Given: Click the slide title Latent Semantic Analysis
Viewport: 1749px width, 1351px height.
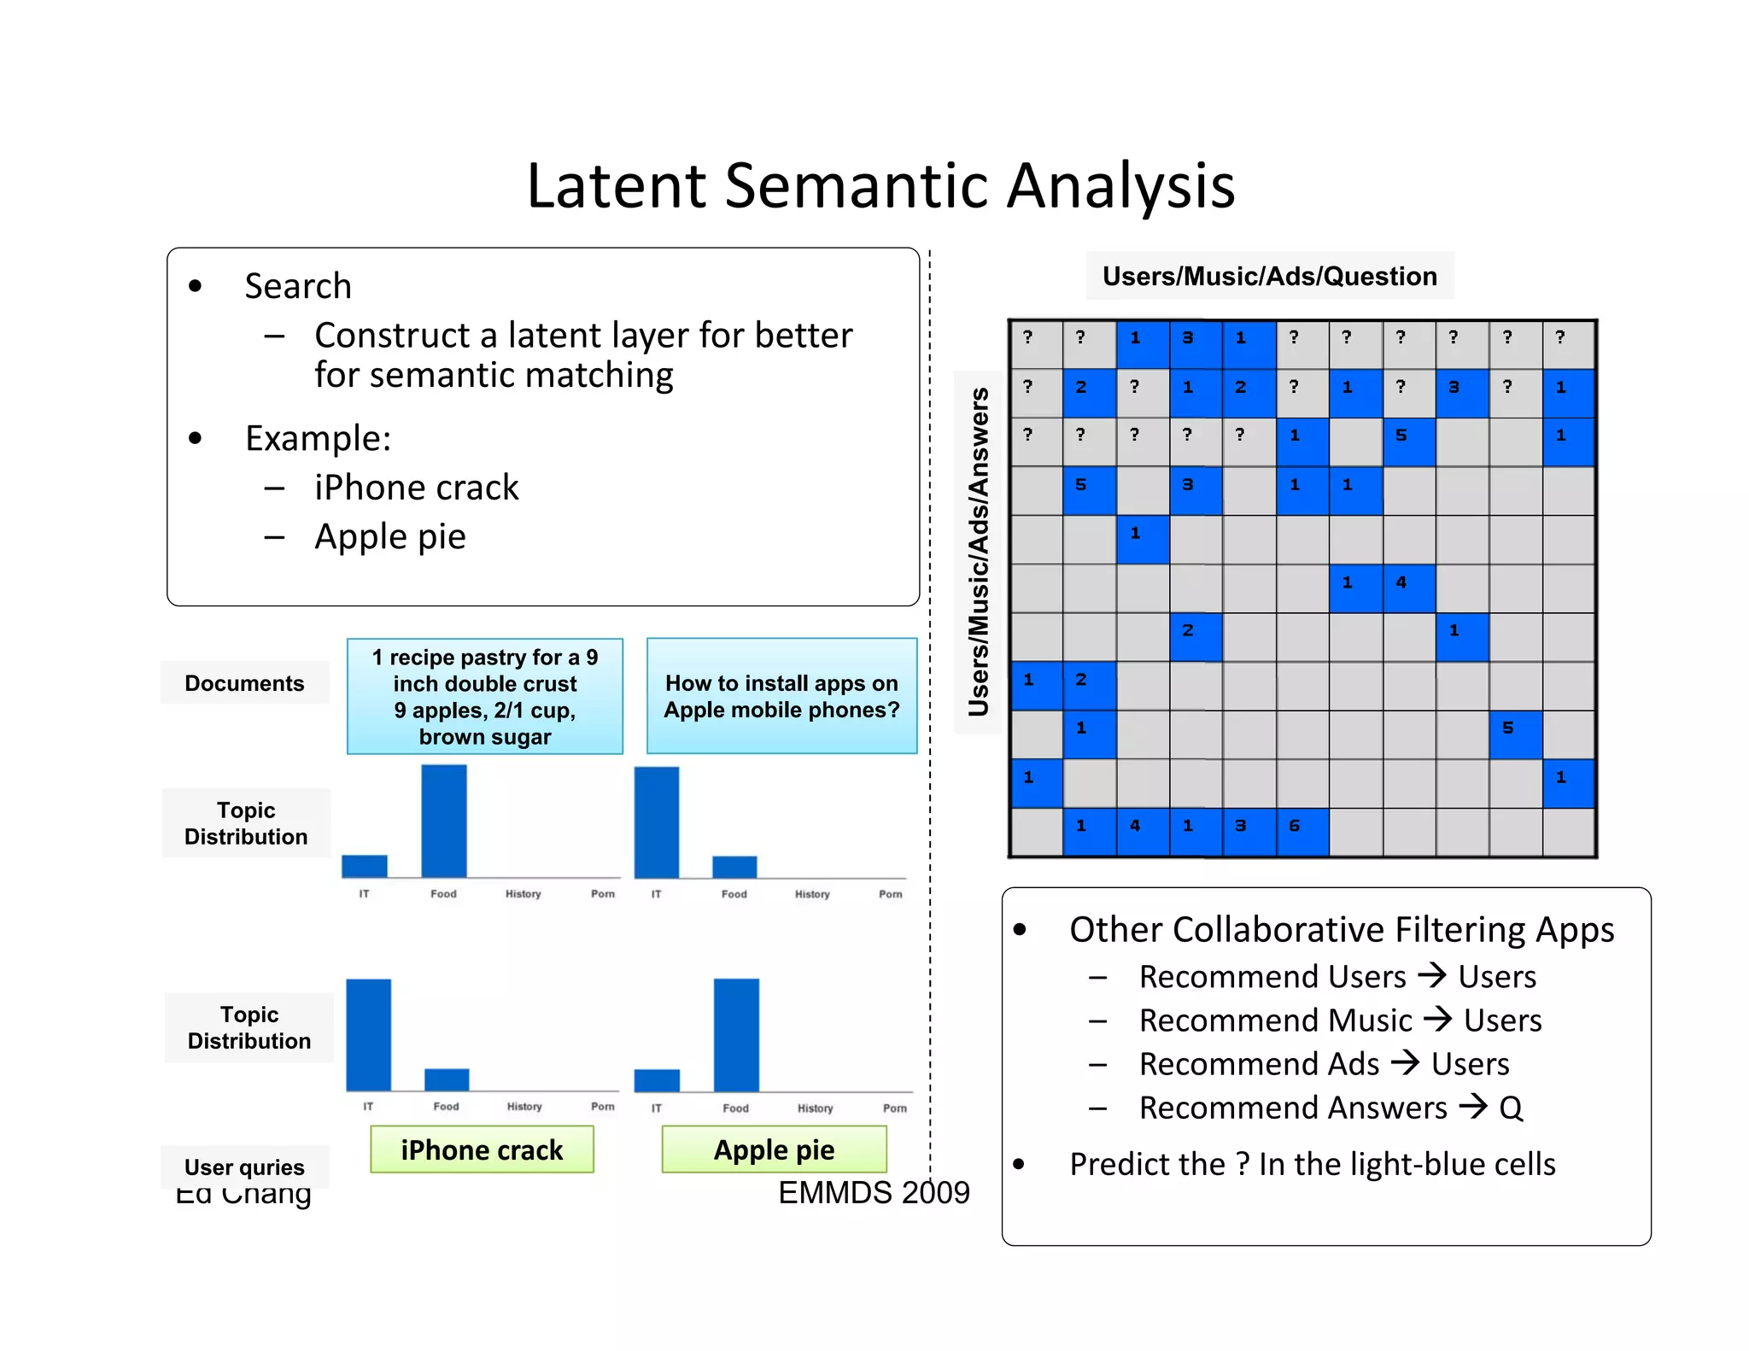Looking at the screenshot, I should tap(880, 185).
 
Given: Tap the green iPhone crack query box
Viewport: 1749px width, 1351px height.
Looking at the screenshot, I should tap(482, 1149).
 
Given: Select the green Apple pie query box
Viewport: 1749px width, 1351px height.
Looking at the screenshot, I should tap(774, 1149).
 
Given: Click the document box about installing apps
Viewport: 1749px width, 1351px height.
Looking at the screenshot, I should tap(781, 696).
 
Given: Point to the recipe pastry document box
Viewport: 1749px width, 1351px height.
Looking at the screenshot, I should tap(484, 696).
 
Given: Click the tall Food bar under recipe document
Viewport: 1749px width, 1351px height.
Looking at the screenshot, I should tap(444, 821).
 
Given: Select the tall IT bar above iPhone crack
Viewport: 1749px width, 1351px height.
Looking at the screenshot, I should tap(368, 1034).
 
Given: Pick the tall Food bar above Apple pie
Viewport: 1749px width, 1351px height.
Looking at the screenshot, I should tap(736, 1034).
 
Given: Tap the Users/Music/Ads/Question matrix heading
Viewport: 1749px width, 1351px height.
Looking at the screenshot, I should tap(1269, 276).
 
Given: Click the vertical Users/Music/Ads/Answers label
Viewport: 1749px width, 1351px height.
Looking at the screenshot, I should tap(978, 552).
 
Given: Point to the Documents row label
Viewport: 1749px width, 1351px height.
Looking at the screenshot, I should tap(244, 683).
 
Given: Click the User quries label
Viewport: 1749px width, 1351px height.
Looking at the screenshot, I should tap(244, 1167).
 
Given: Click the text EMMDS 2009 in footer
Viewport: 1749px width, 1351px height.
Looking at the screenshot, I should tap(873, 1192).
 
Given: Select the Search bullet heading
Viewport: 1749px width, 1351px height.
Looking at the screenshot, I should tap(297, 286).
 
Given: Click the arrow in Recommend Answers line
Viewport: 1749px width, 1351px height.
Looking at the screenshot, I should tap(1472, 1106).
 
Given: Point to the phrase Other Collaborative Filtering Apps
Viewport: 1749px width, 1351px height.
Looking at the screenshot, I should tap(1341, 929).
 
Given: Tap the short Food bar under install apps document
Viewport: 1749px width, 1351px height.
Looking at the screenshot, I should tap(734, 866).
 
